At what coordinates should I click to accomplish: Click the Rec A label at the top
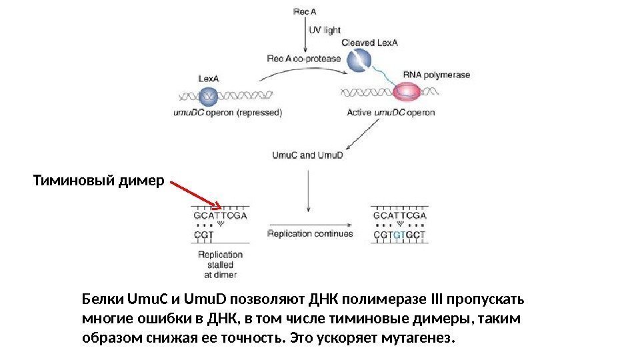click(x=305, y=11)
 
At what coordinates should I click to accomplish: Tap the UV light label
click(x=325, y=31)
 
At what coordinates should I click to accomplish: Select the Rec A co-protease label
click(x=303, y=59)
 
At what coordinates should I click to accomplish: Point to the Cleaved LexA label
click(x=369, y=43)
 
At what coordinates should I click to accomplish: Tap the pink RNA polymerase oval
click(x=406, y=91)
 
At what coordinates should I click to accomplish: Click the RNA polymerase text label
click(x=436, y=75)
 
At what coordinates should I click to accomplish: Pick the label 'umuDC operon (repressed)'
click(x=227, y=113)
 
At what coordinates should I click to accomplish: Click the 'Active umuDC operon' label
click(x=391, y=113)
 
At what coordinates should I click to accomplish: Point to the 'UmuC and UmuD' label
click(x=307, y=156)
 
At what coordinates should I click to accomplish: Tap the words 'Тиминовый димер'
click(x=98, y=181)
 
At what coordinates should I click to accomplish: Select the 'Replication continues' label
click(x=310, y=234)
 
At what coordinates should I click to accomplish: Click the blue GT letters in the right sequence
click(x=399, y=235)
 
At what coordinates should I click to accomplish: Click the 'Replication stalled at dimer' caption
click(x=221, y=264)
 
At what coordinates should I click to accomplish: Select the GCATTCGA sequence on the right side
click(x=399, y=216)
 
